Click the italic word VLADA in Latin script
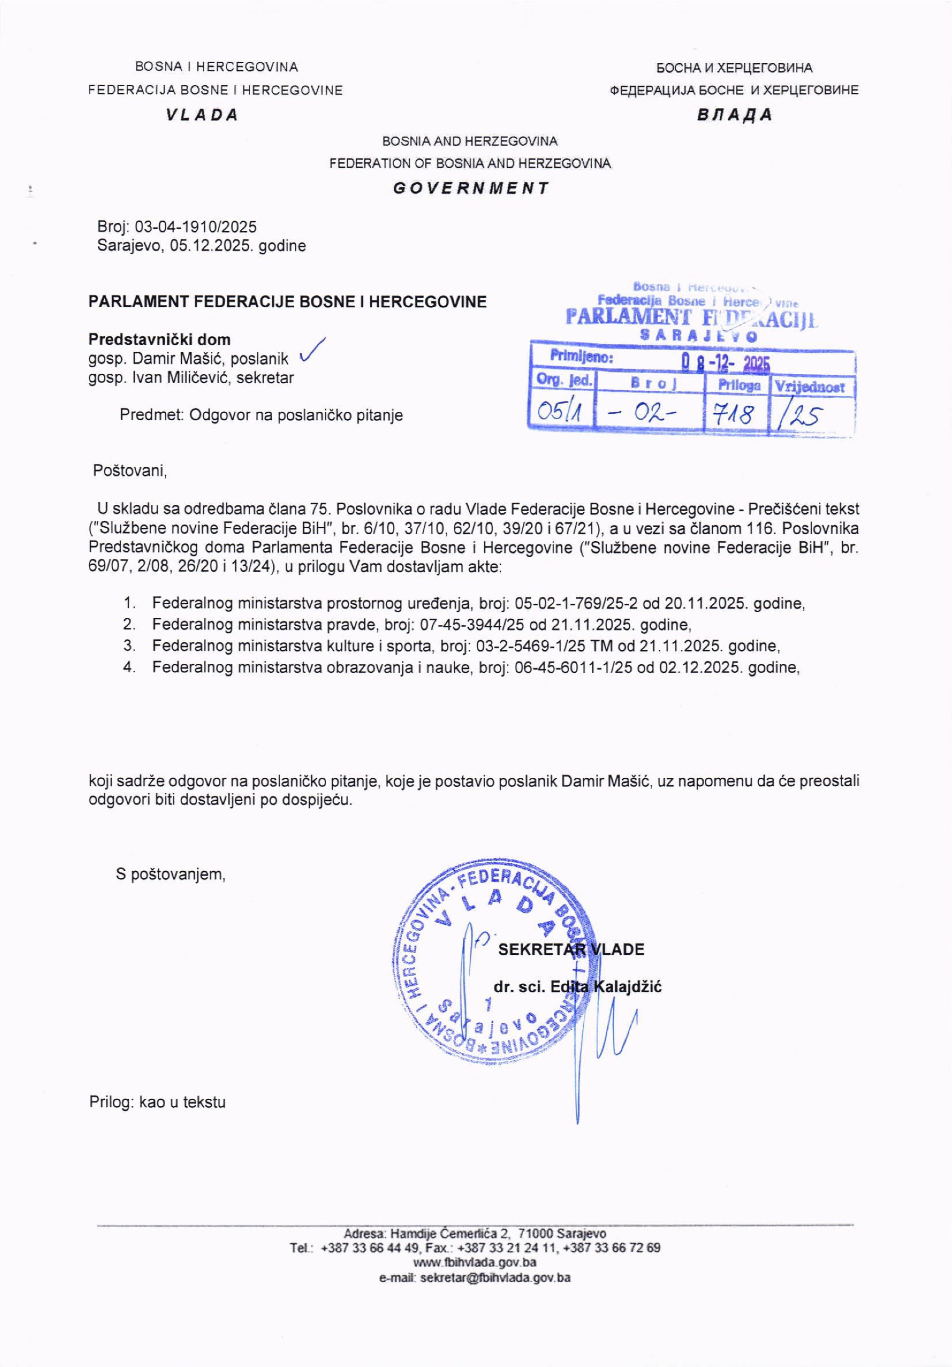(x=203, y=115)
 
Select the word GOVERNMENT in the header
(x=471, y=189)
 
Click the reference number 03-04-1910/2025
(x=196, y=227)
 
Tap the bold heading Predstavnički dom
(x=160, y=340)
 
